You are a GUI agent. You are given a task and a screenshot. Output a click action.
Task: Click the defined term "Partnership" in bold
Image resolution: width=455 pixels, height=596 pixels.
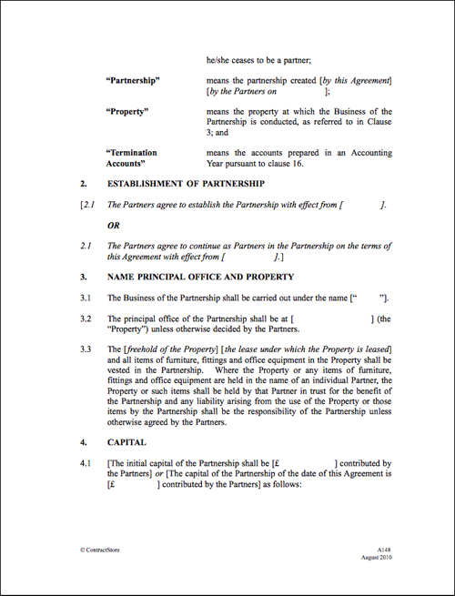coord(133,81)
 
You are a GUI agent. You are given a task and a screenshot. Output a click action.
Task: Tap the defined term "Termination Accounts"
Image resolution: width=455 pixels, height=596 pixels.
coord(131,158)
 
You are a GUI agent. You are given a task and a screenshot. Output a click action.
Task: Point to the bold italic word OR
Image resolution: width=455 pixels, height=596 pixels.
coord(115,225)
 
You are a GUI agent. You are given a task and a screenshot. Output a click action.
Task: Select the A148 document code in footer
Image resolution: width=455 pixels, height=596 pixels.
coord(385,550)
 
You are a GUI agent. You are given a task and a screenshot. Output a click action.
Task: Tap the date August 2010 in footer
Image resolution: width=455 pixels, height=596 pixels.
coord(378,558)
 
